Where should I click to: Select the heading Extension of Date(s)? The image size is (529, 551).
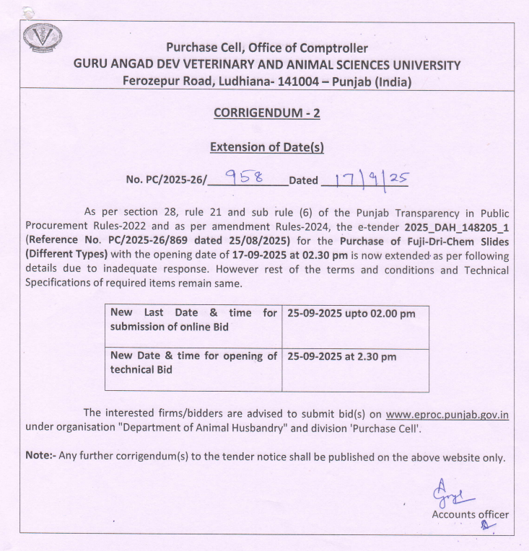click(266, 146)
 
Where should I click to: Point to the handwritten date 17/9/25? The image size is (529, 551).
click(368, 177)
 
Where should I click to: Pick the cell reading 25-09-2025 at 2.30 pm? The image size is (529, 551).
click(341, 356)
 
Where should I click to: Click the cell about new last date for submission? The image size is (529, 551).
click(193, 319)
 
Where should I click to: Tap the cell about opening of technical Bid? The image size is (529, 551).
click(193, 362)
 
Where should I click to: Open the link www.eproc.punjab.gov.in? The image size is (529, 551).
click(447, 414)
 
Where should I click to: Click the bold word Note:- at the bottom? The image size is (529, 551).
click(40, 457)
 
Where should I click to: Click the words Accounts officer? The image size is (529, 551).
click(470, 514)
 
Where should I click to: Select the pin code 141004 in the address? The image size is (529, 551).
click(297, 81)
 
